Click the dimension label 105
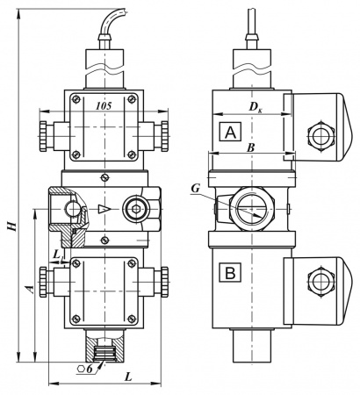point(104,106)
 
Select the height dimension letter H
point(11,226)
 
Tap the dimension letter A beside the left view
point(30,289)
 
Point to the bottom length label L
point(129,377)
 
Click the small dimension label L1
point(58,255)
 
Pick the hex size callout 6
point(90,369)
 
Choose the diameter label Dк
point(256,107)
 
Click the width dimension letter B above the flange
point(250,148)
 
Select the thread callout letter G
point(196,189)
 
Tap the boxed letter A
point(231,132)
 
